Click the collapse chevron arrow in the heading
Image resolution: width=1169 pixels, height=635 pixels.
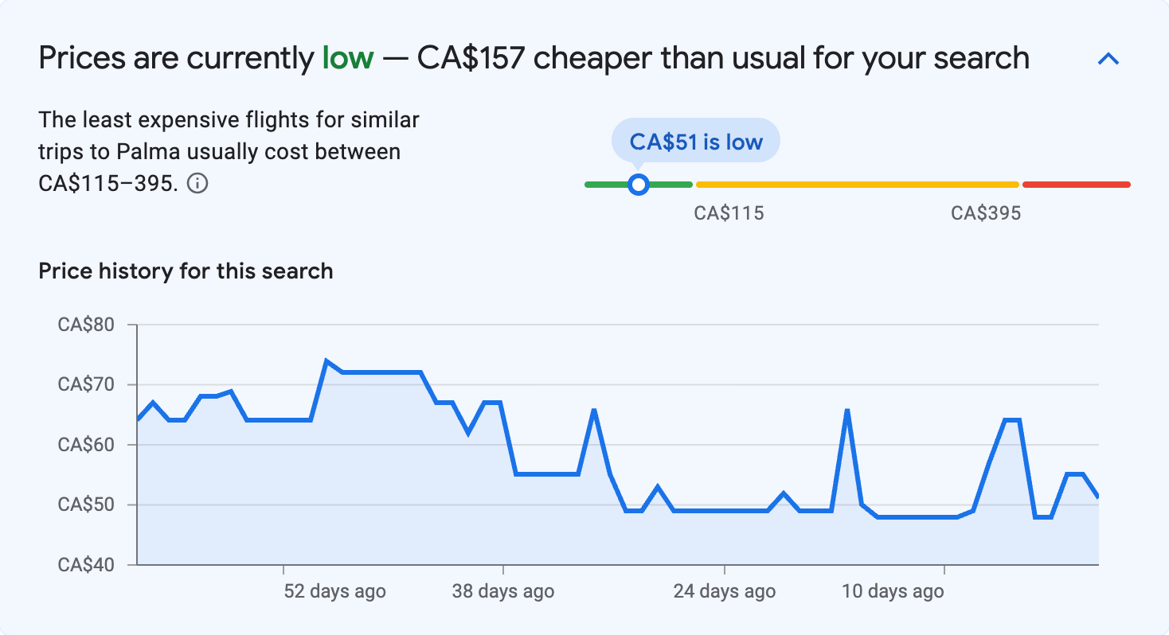(x=1108, y=59)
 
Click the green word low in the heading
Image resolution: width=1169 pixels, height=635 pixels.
(x=347, y=58)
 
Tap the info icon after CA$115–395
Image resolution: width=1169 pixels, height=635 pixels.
(x=197, y=184)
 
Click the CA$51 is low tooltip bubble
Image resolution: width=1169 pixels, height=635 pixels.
(x=695, y=142)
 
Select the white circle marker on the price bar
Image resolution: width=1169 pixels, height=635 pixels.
(x=638, y=185)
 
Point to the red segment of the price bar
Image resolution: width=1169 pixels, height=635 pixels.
(x=1076, y=185)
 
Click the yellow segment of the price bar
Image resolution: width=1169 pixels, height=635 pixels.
(x=857, y=185)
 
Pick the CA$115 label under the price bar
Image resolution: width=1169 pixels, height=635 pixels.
(x=729, y=213)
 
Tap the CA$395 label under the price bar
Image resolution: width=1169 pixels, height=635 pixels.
(x=986, y=213)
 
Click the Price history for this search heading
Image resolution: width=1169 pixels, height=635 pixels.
(x=186, y=271)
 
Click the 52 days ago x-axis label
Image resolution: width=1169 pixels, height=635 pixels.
(x=334, y=592)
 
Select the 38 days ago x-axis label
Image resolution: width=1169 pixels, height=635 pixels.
(x=502, y=592)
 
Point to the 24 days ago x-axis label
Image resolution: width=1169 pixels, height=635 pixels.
(x=724, y=592)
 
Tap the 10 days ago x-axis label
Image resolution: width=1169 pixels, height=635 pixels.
(x=893, y=592)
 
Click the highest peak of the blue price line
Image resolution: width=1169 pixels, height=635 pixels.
(x=326, y=361)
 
